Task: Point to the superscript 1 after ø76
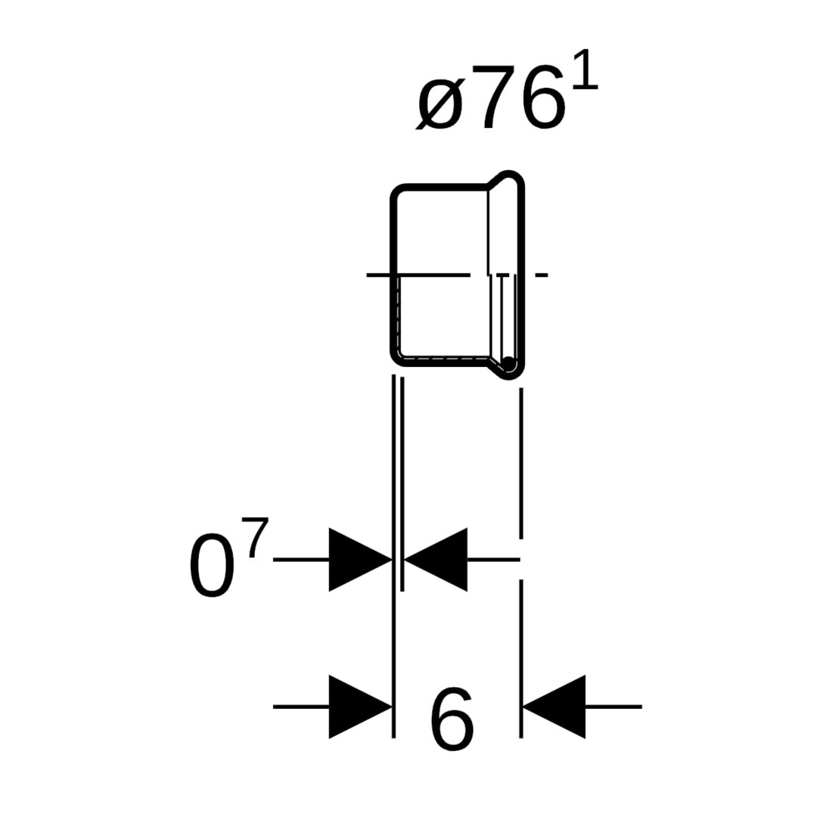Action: coord(586,71)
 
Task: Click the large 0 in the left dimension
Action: coord(210,565)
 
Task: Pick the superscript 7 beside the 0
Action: coord(257,537)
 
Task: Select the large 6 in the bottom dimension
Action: coord(452,719)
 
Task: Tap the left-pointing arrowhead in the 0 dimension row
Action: coord(436,560)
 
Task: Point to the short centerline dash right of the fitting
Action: coord(542,275)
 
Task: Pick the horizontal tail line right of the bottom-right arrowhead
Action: coord(614,707)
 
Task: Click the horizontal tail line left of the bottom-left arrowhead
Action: coord(301,707)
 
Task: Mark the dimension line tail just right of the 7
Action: coord(301,560)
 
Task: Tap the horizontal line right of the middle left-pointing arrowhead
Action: coord(493,560)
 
